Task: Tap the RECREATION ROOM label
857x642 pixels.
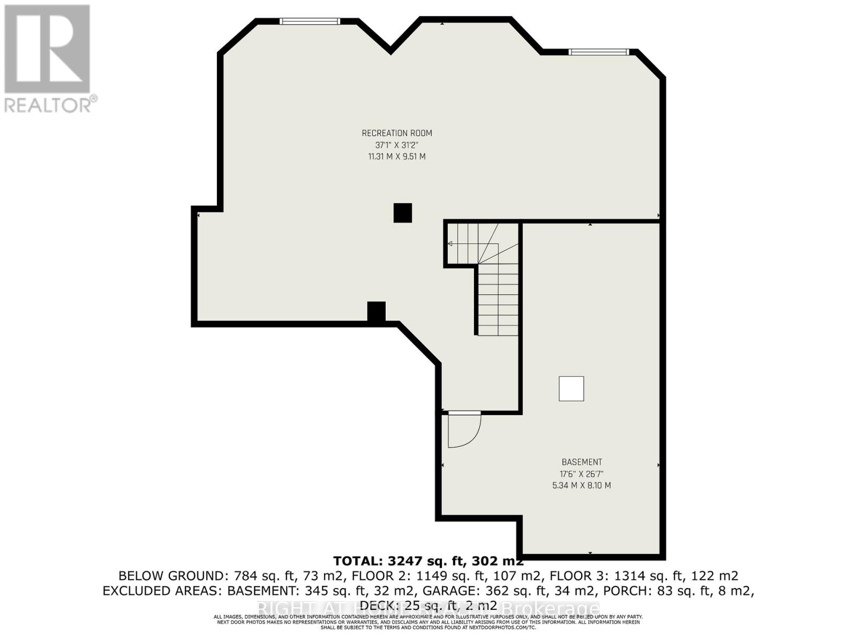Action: (397, 133)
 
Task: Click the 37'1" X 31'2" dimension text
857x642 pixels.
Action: (397, 145)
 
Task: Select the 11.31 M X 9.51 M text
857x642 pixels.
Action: (397, 157)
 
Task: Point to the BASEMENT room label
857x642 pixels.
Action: (582, 462)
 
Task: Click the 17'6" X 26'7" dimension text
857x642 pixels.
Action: (582, 474)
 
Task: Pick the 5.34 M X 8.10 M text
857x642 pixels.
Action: (582, 486)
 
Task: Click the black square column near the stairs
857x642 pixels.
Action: (403, 213)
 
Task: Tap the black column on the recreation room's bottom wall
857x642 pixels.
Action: (377, 312)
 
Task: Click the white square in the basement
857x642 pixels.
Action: (571, 389)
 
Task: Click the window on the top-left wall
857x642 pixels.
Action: (310, 21)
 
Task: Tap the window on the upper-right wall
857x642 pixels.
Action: (598, 52)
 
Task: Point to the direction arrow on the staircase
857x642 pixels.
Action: (450, 244)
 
